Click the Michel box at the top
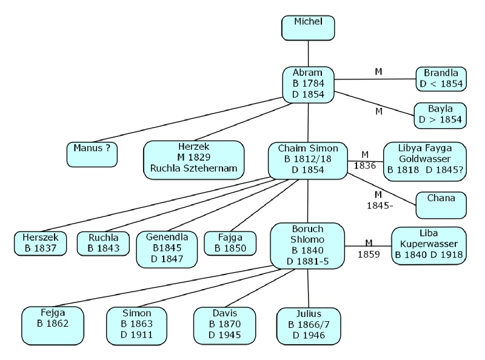click(x=308, y=27)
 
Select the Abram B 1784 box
click(x=308, y=84)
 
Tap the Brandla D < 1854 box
click(x=441, y=79)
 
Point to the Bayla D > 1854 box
click(x=441, y=115)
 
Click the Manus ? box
click(x=92, y=153)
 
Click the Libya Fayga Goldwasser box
click(x=425, y=162)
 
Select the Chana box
click(x=441, y=204)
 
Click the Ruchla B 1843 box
click(x=100, y=243)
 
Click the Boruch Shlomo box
click(x=307, y=246)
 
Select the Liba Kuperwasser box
click(x=429, y=245)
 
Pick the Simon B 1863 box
click(x=136, y=324)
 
